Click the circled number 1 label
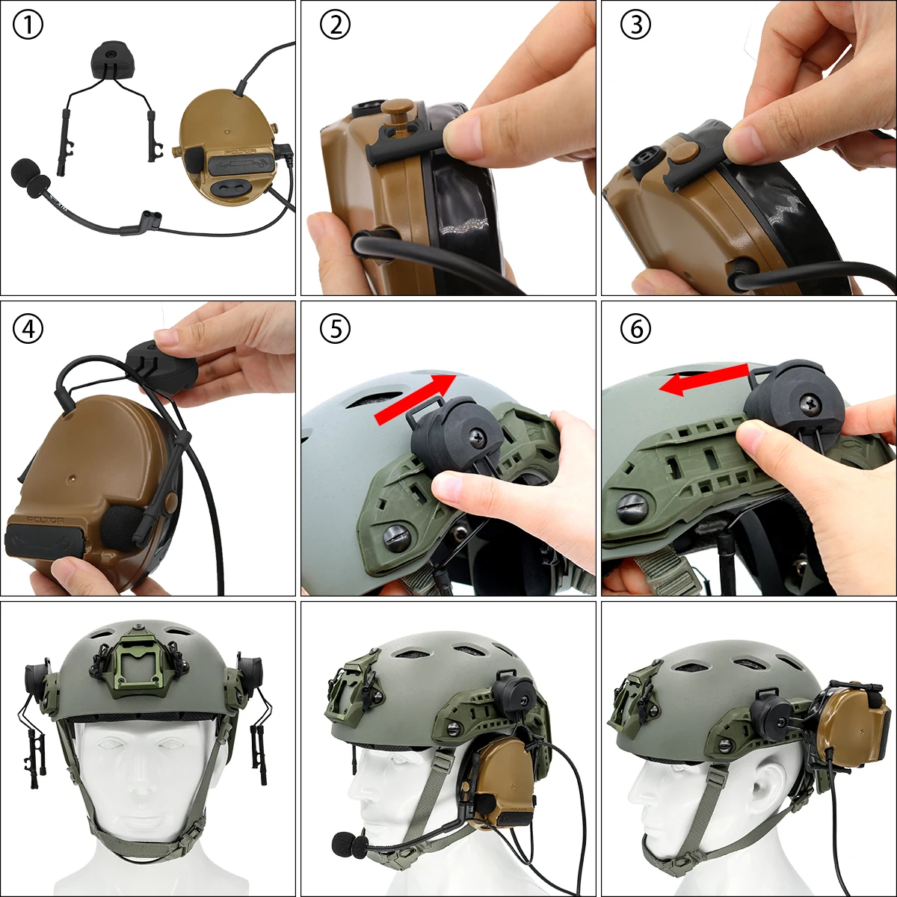(28, 25)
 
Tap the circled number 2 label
(335, 25)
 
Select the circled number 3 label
(635, 25)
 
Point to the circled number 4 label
(28, 328)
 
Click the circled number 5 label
(335, 328)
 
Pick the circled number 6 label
(635, 328)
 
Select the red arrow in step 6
(703, 379)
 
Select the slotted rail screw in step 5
(396, 535)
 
